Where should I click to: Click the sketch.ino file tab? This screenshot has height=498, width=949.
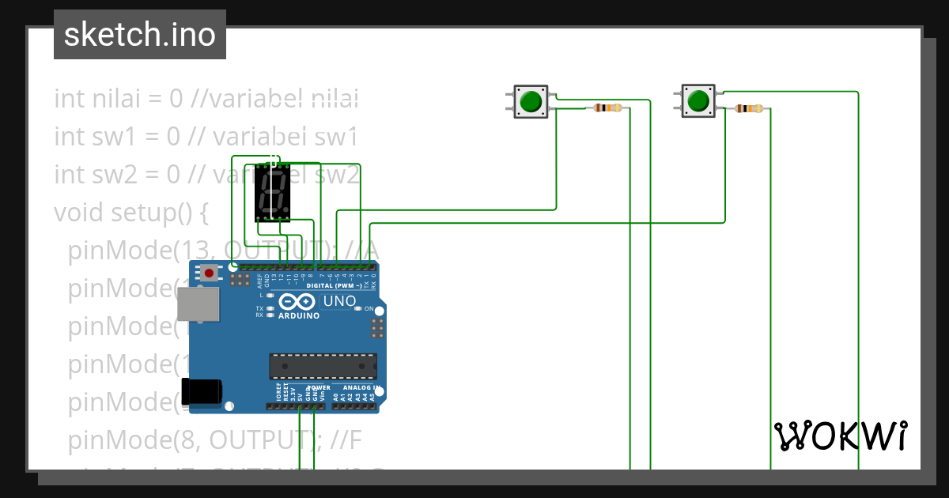[x=140, y=35]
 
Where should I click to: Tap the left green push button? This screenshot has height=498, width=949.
[x=531, y=101]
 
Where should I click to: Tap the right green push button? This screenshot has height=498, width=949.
[x=698, y=101]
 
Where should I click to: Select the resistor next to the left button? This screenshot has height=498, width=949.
[x=608, y=108]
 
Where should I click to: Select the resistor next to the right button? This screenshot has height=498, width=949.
[x=748, y=108]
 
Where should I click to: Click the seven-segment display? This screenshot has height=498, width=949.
[x=272, y=193]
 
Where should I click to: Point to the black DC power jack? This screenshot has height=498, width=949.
[x=202, y=391]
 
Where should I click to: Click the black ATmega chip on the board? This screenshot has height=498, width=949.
[x=323, y=367]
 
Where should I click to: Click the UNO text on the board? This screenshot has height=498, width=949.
[x=340, y=301]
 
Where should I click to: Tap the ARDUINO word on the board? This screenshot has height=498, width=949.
[x=299, y=315]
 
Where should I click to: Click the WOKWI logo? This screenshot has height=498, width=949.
[x=841, y=436]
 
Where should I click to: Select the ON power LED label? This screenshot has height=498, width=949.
[x=369, y=308]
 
